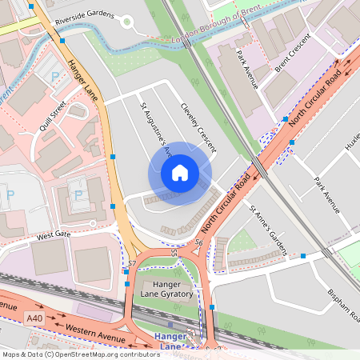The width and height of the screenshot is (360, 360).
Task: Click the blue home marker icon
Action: point(180,172)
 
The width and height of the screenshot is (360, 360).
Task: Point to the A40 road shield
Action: point(34,318)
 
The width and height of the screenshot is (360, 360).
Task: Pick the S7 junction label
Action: point(133,262)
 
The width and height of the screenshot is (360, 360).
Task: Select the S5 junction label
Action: point(174,254)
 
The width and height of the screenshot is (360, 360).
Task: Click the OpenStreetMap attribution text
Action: point(81,354)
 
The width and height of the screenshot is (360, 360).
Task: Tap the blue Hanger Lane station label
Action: point(170,341)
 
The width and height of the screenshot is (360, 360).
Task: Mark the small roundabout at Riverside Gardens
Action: point(126,22)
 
